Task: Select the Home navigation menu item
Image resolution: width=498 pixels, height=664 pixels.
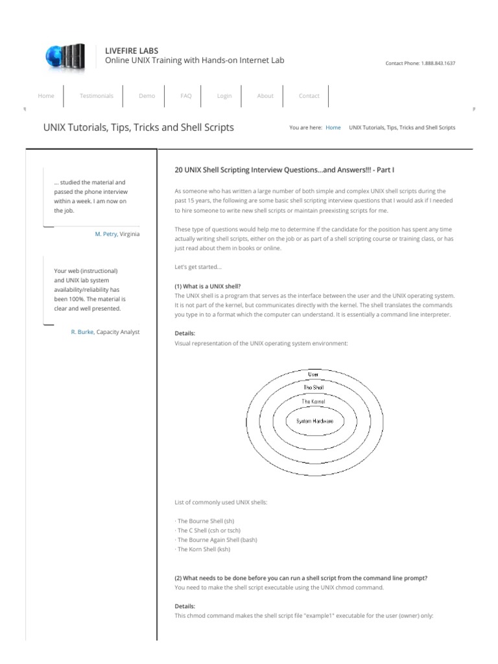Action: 46,96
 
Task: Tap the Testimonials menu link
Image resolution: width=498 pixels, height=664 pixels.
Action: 96,96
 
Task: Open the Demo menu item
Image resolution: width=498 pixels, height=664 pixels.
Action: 147,96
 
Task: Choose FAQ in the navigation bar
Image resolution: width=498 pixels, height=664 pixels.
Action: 186,96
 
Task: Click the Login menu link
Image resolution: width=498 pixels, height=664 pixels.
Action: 224,96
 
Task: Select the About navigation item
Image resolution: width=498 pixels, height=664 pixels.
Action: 265,96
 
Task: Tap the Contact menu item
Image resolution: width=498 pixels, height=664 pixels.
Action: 309,96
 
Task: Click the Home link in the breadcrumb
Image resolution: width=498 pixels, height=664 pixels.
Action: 333,128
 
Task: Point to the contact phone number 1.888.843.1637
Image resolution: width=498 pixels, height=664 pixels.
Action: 438,64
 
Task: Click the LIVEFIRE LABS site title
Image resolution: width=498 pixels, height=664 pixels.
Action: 132,51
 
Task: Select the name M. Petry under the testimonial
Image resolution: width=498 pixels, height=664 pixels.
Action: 106,233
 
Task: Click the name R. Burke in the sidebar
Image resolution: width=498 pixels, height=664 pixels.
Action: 82,332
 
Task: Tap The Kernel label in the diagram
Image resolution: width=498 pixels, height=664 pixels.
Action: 313,402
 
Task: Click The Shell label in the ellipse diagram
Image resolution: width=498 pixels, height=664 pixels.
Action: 313,387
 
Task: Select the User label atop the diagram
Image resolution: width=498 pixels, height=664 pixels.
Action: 313,374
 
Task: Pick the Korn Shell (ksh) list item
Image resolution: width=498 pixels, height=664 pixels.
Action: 203,549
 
